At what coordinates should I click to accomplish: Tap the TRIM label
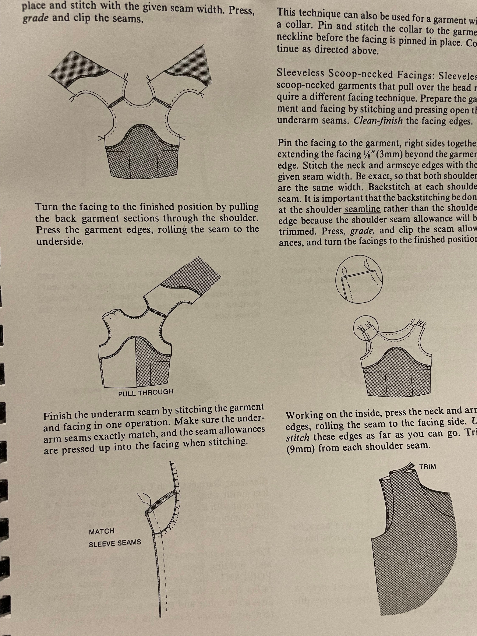tap(428, 466)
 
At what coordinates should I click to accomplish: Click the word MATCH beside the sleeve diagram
tap(102, 531)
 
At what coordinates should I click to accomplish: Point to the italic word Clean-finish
tap(378, 121)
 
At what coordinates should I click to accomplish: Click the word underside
tap(60, 241)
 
